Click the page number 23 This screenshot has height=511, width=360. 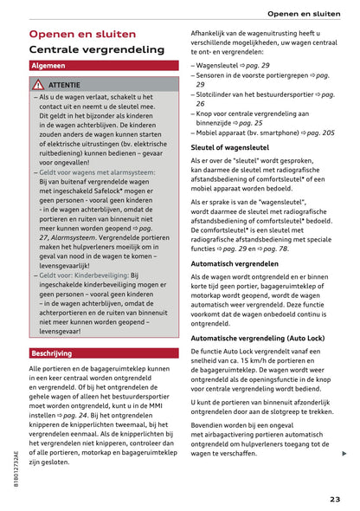click(334, 498)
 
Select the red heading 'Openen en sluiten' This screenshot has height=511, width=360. click(82, 35)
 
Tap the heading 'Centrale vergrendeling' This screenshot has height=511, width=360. click(96, 51)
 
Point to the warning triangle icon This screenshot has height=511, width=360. click(38, 85)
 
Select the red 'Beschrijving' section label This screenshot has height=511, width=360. click(52, 353)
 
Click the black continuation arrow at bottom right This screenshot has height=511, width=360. click(344, 454)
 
